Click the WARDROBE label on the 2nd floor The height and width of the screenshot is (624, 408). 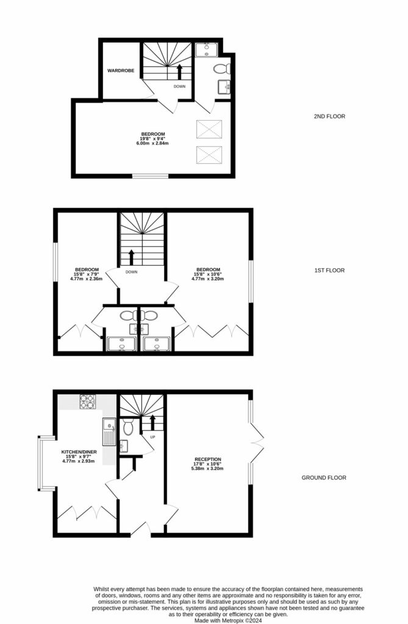121,71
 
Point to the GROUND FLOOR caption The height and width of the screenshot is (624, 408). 324,478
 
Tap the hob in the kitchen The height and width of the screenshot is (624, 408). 87,402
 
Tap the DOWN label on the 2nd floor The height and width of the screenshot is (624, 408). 179,87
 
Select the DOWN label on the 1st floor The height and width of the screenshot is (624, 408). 131,272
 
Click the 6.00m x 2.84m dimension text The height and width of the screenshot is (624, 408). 153,143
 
